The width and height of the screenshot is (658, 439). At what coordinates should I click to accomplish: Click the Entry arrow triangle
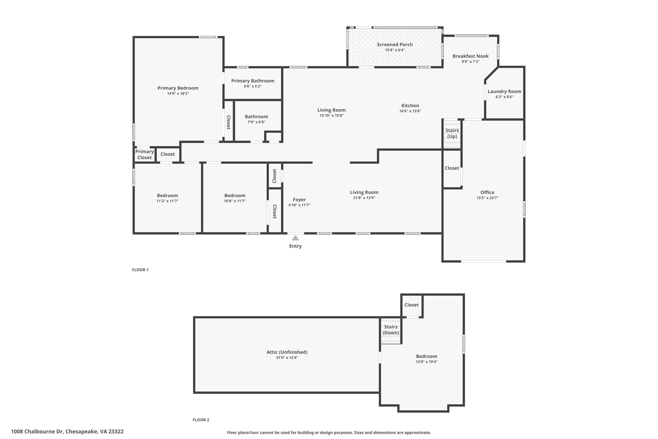(x=295, y=238)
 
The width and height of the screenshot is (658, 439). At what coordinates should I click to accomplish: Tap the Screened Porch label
(x=395, y=45)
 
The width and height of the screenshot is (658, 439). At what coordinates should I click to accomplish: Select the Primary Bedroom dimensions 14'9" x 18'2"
(x=178, y=94)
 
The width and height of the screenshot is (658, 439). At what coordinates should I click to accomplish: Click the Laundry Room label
(x=504, y=91)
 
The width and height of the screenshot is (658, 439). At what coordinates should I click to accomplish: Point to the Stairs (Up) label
(x=452, y=133)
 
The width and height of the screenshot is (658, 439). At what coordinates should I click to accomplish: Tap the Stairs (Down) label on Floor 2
(x=391, y=330)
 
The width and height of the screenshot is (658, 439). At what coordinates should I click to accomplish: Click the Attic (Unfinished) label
(x=287, y=352)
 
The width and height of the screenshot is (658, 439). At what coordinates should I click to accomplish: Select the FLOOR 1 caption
(x=140, y=270)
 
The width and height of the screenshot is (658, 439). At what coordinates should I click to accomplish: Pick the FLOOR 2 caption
(x=201, y=420)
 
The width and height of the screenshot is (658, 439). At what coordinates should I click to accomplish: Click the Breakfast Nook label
(x=470, y=56)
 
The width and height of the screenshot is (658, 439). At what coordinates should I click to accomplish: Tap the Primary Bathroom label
(x=253, y=81)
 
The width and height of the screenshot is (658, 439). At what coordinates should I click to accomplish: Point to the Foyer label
(x=299, y=200)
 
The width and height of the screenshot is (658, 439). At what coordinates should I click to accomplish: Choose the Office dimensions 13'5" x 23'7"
(x=487, y=198)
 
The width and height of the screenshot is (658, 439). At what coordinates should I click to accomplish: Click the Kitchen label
(x=410, y=105)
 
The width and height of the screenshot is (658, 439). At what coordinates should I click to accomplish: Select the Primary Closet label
(x=145, y=155)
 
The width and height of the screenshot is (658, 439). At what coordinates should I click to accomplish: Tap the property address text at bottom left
(x=67, y=432)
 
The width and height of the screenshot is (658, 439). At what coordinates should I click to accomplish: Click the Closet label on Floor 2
(x=412, y=305)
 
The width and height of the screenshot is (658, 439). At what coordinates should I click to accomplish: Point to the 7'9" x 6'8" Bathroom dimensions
(x=256, y=122)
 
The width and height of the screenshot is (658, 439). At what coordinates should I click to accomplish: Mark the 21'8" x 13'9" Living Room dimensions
(x=364, y=198)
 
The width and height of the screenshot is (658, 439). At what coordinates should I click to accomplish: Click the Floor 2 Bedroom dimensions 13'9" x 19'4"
(x=427, y=362)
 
